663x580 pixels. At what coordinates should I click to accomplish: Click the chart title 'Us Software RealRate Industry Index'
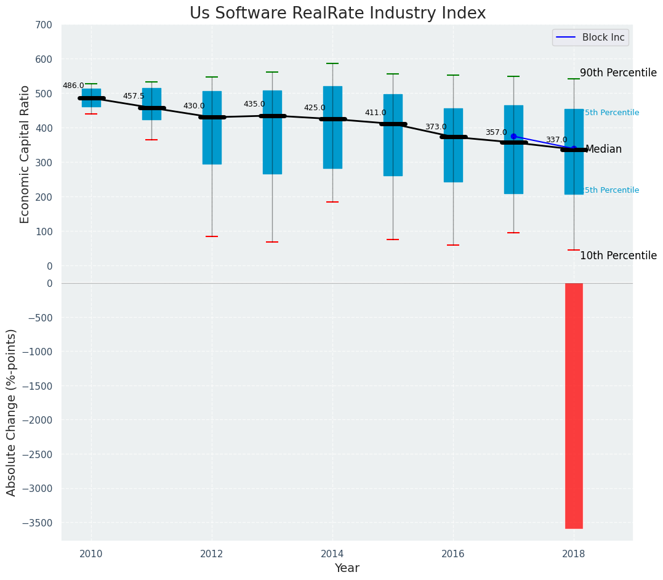tap(337, 14)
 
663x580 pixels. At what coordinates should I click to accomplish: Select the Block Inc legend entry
tap(590, 38)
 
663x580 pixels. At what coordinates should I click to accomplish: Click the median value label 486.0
tap(73, 86)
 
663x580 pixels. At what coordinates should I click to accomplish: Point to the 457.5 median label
tap(134, 96)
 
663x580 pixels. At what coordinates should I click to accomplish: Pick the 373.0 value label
tap(436, 127)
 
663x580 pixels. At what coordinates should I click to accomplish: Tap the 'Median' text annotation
tap(603, 149)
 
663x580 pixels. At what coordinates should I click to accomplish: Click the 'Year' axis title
tap(347, 568)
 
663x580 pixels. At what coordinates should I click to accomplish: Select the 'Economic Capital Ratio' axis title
tap(25, 154)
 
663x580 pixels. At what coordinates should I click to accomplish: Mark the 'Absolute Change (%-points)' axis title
tap(11, 412)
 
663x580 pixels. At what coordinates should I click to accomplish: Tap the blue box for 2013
tap(272, 132)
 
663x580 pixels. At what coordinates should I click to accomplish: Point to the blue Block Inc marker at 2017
tap(513, 136)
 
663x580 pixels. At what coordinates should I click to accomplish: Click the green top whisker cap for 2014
tap(332, 63)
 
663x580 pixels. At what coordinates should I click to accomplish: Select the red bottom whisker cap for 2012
tap(212, 236)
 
